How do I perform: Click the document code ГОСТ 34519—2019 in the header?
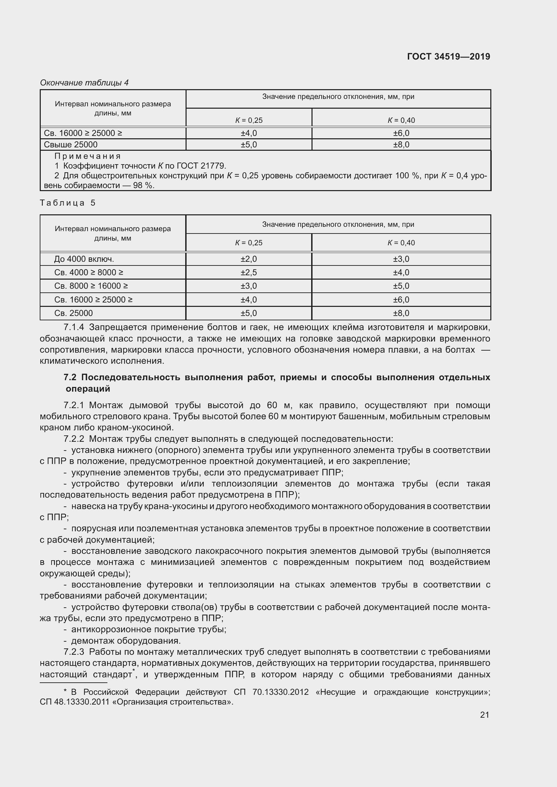pyautogui.click(x=448, y=57)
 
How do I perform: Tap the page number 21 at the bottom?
pyautogui.click(x=484, y=714)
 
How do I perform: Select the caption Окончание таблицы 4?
pyautogui.click(x=84, y=83)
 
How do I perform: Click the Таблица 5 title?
pyautogui.click(x=68, y=203)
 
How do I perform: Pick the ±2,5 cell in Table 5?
pyautogui.click(x=249, y=273)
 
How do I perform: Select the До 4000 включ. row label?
pyautogui.click(x=84, y=259)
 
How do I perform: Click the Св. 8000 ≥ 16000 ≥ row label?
pyautogui.click(x=91, y=286)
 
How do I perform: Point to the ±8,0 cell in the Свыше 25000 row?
pyautogui.click(x=401, y=145)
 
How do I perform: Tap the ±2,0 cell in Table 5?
pyautogui.click(x=249, y=259)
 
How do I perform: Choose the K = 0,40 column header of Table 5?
pyautogui.click(x=401, y=243)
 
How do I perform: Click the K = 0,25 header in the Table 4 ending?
pyautogui.click(x=249, y=120)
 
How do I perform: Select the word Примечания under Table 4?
pyautogui.click(x=88, y=156)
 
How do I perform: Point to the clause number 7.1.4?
pyautogui.click(x=74, y=327)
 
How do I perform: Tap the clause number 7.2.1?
pyautogui.click(x=74, y=405)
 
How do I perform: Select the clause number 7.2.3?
pyautogui.click(x=74, y=652)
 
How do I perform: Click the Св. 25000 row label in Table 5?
pyautogui.click(x=73, y=313)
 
